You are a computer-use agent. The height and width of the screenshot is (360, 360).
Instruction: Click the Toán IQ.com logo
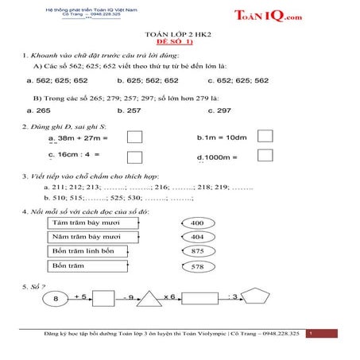269,16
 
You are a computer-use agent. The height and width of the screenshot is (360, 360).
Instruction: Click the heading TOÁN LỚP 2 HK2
180,36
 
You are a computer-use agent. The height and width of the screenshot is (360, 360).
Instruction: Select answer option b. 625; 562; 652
148,80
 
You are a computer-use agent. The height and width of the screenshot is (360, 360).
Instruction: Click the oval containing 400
198,223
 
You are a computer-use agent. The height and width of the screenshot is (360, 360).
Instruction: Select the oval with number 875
198,251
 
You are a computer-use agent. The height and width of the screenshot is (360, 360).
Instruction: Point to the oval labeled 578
198,266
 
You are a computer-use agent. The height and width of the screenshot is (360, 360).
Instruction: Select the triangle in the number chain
149,299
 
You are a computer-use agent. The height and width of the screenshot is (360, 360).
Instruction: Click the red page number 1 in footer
312,334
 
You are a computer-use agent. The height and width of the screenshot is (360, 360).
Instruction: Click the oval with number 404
198,237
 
